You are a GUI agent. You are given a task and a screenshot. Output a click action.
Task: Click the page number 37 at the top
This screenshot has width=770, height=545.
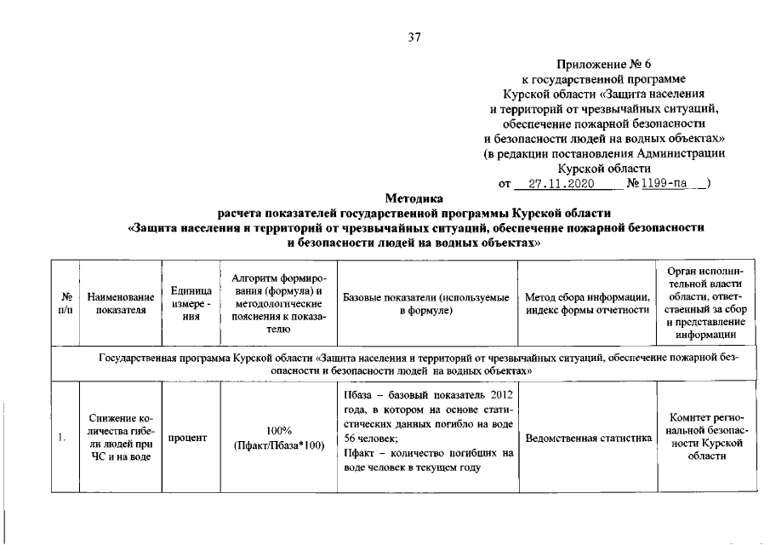pos(414,37)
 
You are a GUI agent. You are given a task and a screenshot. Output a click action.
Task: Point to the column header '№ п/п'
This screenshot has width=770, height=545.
pos(65,303)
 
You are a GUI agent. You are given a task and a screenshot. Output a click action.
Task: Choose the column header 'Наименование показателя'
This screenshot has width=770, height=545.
pos(120,303)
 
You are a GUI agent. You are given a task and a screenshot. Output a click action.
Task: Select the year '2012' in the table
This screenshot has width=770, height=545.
pos(499,396)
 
